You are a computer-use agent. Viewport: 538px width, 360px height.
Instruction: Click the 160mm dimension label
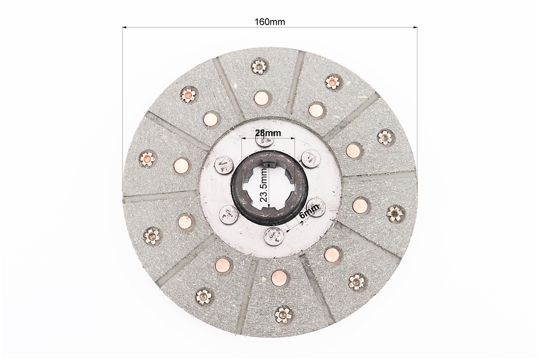pos(270,22)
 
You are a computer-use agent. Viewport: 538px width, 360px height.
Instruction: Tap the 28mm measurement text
pos(268,132)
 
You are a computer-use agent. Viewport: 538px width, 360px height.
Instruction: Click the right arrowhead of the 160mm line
pos(415,27)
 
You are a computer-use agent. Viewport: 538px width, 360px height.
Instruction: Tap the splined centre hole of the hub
pos(270,186)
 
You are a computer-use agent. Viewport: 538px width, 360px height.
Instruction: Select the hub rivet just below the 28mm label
pos(265,141)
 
